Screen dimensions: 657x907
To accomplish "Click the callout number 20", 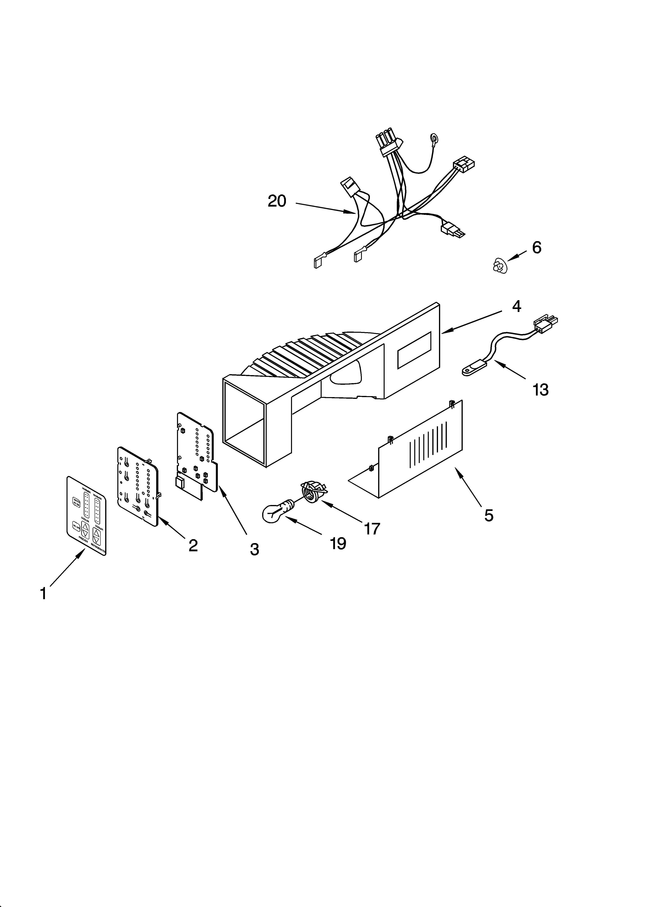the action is pyautogui.click(x=277, y=201).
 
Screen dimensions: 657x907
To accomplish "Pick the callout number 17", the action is pyautogui.click(x=372, y=529).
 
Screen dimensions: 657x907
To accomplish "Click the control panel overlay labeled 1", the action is pyautogui.click(x=86, y=516).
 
